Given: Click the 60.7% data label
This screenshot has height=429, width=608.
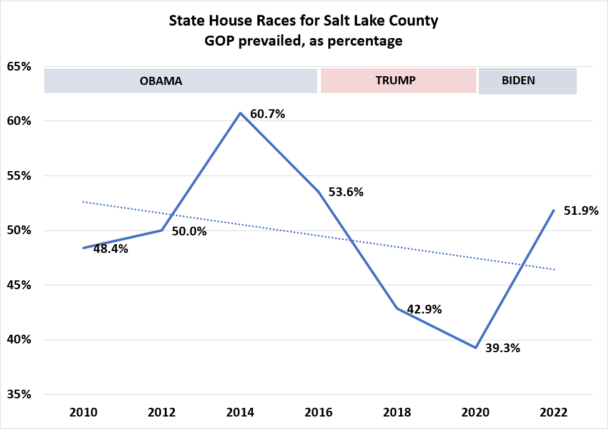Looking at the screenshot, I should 267,114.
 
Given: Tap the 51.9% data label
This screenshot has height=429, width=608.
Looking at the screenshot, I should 581,210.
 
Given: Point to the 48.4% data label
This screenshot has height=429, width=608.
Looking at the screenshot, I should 110,249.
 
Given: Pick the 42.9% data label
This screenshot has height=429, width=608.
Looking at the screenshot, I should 424,309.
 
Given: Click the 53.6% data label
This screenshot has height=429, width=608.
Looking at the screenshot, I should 346,192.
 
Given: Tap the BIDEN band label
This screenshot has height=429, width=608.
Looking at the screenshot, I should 519,81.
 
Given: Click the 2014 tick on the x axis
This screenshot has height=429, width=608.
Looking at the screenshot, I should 240,413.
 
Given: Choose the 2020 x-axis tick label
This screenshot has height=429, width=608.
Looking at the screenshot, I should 475,413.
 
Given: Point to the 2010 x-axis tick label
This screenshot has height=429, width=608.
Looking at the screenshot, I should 83,413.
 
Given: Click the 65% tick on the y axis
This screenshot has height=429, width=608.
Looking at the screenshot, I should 19,67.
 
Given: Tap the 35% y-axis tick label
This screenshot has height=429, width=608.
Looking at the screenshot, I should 19,395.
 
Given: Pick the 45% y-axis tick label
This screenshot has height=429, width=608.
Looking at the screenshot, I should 19,285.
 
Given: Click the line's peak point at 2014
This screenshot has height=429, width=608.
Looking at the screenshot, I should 240,113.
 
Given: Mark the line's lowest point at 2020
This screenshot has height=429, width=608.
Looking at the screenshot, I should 476,348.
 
